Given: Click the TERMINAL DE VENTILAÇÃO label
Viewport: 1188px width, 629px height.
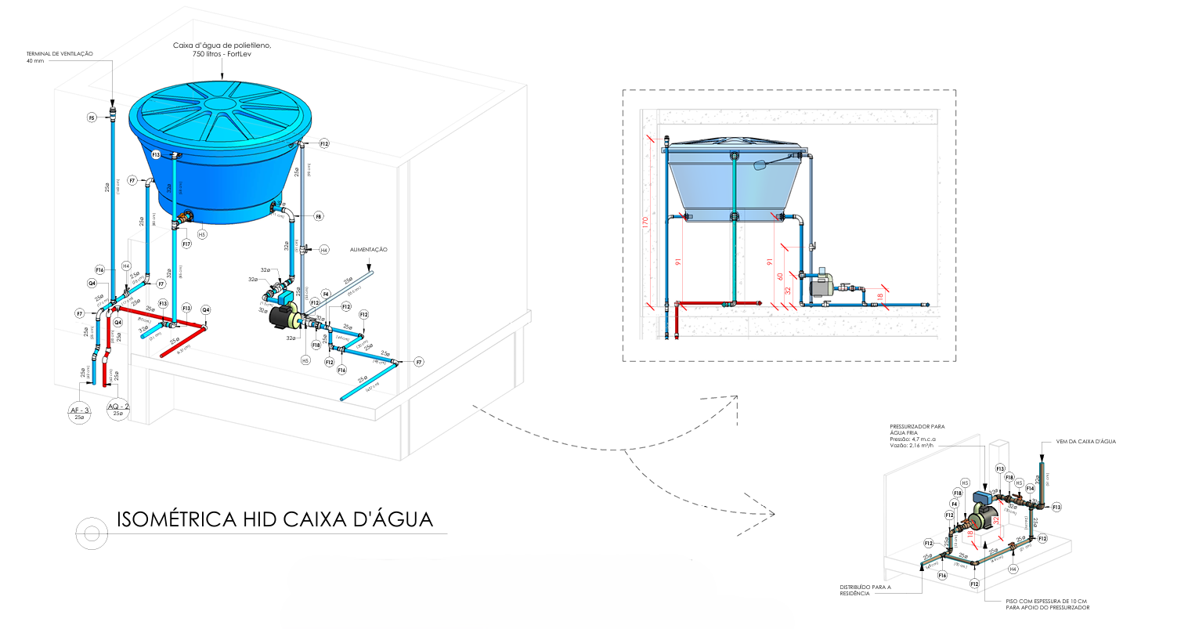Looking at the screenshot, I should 60,54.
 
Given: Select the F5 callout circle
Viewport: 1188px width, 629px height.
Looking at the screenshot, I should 92,117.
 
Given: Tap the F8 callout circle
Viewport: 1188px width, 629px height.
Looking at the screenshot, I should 319,215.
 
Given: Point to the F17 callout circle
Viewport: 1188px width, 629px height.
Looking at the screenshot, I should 187,244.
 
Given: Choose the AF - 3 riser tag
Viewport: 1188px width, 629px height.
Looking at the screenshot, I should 79,410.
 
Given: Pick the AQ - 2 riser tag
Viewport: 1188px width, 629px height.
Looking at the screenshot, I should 117,407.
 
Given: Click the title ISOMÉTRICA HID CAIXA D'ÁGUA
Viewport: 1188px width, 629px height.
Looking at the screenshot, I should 274,519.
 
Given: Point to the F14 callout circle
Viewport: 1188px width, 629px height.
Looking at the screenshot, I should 1031,488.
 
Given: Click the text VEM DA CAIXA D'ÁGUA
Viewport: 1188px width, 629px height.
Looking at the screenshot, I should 1085,442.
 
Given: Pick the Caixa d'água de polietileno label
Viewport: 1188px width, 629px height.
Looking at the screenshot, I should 222,50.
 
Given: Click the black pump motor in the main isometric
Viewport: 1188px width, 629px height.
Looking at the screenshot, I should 280,318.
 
